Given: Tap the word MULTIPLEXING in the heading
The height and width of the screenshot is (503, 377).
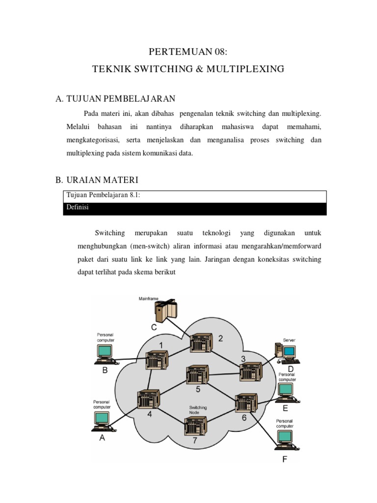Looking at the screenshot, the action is click(x=245, y=69).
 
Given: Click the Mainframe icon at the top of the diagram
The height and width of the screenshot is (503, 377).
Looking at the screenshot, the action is click(x=165, y=311).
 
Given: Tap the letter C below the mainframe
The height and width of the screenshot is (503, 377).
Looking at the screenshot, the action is click(x=154, y=327).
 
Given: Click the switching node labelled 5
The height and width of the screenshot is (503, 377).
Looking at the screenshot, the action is click(x=195, y=375).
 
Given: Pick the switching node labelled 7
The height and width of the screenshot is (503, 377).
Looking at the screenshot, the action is click(x=195, y=426).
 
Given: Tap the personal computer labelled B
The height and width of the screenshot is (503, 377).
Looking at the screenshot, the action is click(x=104, y=355).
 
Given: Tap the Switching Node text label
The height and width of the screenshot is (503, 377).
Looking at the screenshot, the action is click(x=198, y=410).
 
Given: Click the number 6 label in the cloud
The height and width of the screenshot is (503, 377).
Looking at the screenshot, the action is click(x=244, y=418).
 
